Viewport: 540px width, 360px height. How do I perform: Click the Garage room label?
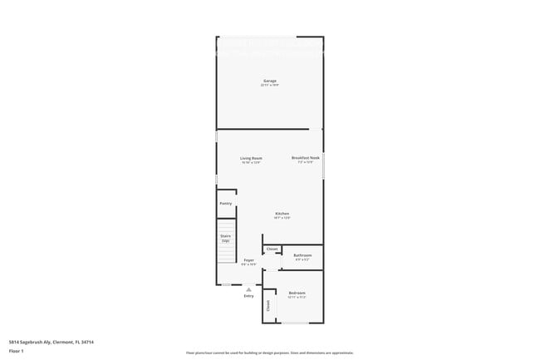click(x=270, y=81)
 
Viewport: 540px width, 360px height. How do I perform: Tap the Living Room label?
click(x=251, y=158)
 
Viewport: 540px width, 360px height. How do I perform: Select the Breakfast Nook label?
click(x=305, y=157)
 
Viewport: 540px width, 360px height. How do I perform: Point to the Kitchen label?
click(x=282, y=214)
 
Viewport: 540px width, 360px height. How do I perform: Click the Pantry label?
click(x=225, y=203)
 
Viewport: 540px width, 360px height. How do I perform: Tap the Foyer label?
click(x=248, y=260)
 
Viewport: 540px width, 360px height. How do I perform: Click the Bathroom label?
click(x=302, y=255)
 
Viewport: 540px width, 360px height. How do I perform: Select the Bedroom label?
click(x=297, y=293)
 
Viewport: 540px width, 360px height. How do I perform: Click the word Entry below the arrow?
click(x=248, y=296)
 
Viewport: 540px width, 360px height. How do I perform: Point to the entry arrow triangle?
click(x=248, y=288)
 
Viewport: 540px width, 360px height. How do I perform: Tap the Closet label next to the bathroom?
click(x=272, y=249)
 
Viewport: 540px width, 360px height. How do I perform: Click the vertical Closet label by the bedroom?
click(x=268, y=304)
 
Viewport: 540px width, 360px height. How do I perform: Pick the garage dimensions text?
click(x=270, y=85)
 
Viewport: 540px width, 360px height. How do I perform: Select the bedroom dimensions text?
click(x=297, y=297)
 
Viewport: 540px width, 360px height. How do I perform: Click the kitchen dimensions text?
click(x=282, y=218)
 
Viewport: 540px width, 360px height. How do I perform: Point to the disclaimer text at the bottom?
click(x=269, y=353)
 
